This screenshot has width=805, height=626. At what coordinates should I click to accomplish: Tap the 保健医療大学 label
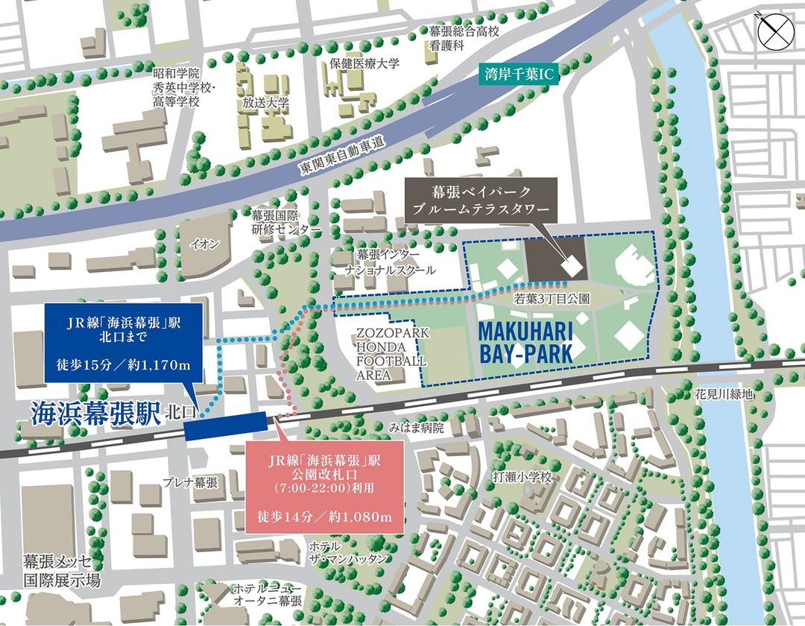click(x=364, y=64)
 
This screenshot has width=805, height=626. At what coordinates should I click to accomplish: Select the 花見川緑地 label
click(x=720, y=393)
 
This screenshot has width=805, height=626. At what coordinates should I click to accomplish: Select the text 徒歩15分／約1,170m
click(x=124, y=364)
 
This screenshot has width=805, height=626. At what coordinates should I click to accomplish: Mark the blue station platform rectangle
click(x=226, y=426)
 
